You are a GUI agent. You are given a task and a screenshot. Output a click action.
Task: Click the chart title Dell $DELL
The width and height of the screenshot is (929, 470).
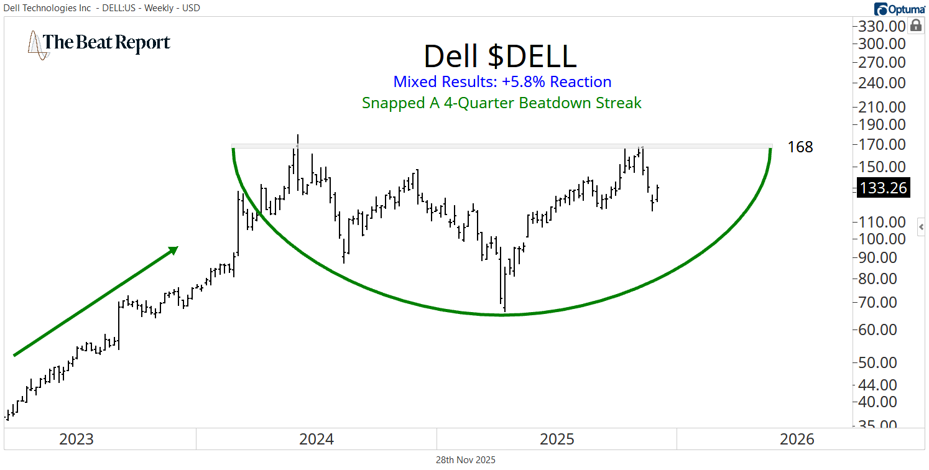[x=500, y=57]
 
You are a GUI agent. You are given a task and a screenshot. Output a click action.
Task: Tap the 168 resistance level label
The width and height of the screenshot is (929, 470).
[x=800, y=147]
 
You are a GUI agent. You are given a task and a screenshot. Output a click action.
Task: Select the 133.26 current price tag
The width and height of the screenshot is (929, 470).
[x=882, y=188]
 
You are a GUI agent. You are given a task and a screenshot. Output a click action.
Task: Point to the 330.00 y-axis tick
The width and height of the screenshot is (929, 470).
[x=882, y=26]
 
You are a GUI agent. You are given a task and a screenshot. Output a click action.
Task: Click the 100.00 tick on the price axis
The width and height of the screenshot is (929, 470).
[x=882, y=239]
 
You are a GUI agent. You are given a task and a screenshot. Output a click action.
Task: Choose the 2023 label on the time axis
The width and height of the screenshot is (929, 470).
[x=76, y=440]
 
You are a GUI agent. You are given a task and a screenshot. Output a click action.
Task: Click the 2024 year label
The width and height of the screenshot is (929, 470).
[x=317, y=440]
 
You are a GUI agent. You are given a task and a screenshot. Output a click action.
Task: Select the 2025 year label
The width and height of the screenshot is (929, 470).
[x=557, y=440]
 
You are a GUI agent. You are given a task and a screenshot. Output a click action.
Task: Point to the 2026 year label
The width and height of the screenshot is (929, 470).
[x=797, y=440]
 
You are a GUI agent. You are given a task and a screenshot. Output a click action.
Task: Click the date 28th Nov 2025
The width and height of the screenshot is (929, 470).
[x=465, y=460]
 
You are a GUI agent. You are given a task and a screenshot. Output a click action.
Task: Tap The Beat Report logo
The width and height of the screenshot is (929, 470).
[x=99, y=44]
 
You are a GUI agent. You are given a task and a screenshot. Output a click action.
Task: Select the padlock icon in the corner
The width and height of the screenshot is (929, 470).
[x=916, y=25]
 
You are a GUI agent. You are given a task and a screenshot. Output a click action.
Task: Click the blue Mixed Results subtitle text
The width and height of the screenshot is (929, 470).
[x=502, y=82]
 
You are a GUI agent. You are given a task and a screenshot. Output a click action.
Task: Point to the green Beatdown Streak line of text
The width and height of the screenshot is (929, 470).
[x=501, y=103]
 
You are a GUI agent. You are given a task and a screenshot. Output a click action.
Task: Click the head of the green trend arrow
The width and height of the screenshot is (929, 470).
[x=173, y=249]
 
